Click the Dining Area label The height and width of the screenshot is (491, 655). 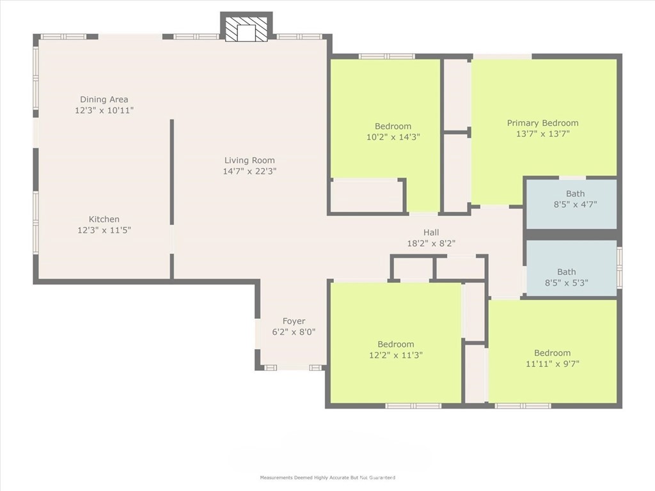click(104, 99)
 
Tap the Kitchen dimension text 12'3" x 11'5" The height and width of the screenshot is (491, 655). click(104, 230)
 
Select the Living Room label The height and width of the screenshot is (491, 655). click(249, 160)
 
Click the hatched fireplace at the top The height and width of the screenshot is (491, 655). click(246, 29)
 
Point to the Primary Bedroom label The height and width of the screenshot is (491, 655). click(542, 123)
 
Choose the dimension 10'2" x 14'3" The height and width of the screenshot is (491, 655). click(393, 137)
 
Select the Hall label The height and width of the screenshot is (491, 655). click(431, 233)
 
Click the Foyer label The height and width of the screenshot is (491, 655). click(294, 321)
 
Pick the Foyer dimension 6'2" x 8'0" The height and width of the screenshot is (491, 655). click(294, 332)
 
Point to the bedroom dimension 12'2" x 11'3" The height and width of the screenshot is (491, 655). click(395, 355)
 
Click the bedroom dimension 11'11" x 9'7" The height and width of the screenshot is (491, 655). click(552, 364)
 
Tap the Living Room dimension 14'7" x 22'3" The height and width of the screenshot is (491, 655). click(249, 171)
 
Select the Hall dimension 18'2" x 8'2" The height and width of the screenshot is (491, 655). click(431, 244)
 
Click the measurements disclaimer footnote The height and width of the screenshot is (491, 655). click(327, 477)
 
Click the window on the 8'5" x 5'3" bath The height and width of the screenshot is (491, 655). click(619, 267)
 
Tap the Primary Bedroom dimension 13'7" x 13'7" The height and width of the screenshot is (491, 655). click(542, 134)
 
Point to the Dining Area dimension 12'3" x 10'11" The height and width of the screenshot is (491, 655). click(104, 111)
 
